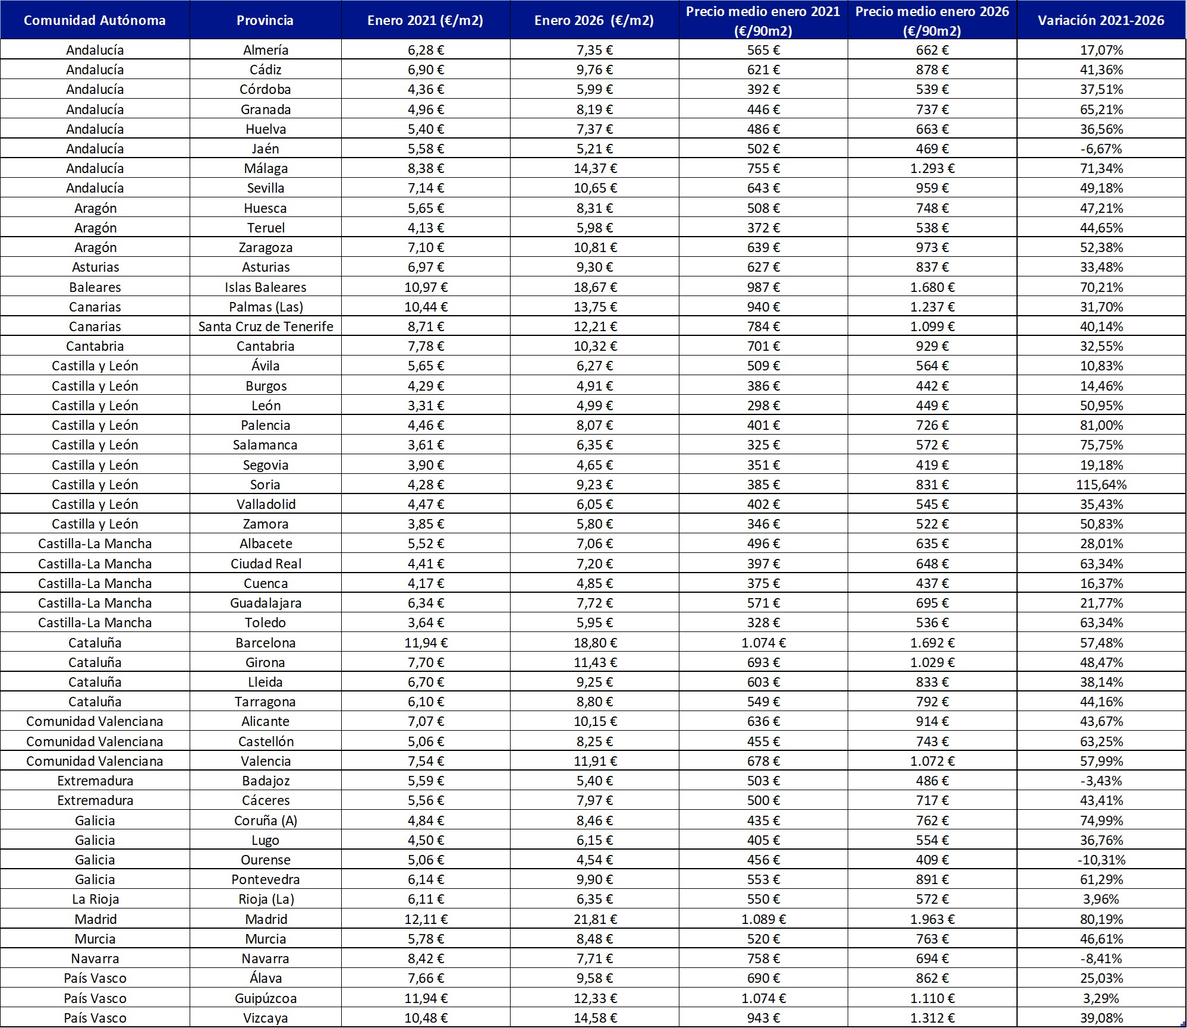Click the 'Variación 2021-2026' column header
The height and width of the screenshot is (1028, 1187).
(x=1101, y=20)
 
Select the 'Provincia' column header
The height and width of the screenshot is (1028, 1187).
(x=265, y=20)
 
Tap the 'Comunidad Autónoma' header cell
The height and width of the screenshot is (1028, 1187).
(x=95, y=20)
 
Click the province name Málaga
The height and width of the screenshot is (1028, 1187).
(x=266, y=168)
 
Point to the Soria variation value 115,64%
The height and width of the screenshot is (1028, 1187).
(x=1101, y=485)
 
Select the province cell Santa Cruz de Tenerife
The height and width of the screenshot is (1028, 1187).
(x=266, y=326)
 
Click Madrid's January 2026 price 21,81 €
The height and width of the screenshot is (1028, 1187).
(x=595, y=919)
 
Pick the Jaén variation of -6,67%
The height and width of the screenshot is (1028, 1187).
(x=1101, y=149)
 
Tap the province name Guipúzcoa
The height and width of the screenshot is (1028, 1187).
(x=266, y=998)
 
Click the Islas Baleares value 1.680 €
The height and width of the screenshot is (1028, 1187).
(x=932, y=287)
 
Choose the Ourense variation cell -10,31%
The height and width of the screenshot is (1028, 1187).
(x=1101, y=860)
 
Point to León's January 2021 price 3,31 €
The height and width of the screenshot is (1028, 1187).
(x=426, y=405)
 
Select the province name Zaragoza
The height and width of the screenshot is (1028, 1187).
(x=266, y=247)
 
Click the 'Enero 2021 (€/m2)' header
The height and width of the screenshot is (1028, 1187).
(x=425, y=20)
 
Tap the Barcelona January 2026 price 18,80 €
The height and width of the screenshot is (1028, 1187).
(x=595, y=643)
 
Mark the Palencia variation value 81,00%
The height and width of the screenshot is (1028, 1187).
(x=1101, y=425)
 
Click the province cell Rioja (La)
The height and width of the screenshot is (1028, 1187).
(x=265, y=899)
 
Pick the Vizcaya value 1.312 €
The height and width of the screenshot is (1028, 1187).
(x=932, y=1018)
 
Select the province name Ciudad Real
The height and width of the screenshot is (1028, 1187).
(x=266, y=564)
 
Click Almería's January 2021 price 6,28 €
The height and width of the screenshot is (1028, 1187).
(x=426, y=50)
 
